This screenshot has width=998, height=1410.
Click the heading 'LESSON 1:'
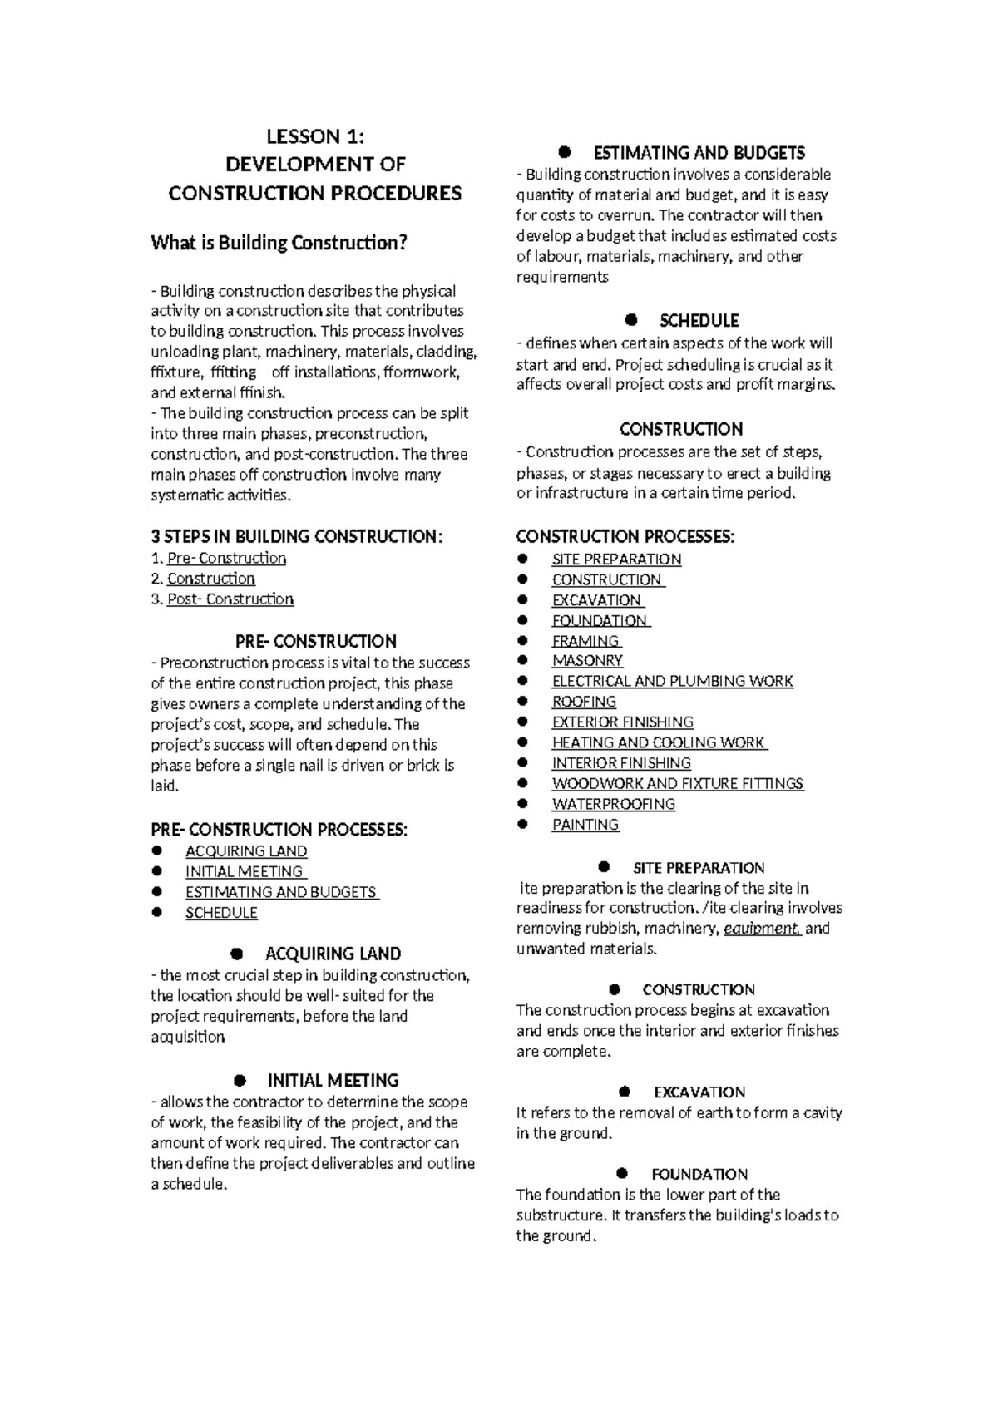click(314, 136)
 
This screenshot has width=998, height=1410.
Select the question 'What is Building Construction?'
click(279, 243)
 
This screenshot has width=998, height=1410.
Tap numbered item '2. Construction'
click(210, 579)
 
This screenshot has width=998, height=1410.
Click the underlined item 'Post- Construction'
click(230, 599)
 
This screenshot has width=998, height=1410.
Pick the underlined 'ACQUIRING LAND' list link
click(246, 851)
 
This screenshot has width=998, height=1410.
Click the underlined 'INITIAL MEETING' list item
click(245, 871)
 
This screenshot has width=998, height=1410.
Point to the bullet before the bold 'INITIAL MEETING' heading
click(240, 1081)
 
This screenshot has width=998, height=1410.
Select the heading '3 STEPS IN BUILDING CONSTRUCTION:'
click(296, 536)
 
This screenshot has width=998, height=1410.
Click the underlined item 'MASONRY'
click(587, 661)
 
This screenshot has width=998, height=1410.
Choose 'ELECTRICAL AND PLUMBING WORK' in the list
click(672, 681)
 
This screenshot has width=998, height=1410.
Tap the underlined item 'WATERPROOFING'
click(613, 804)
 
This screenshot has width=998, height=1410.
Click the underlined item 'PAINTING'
click(585, 825)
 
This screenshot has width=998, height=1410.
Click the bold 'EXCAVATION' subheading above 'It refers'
click(699, 1092)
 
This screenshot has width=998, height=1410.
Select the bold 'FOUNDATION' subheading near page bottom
click(699, 1174)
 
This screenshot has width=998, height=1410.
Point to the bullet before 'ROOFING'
click(522, 702)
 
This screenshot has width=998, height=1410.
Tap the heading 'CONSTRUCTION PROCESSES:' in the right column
click(625, 537)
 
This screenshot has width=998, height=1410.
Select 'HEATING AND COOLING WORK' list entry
click(658, 742)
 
